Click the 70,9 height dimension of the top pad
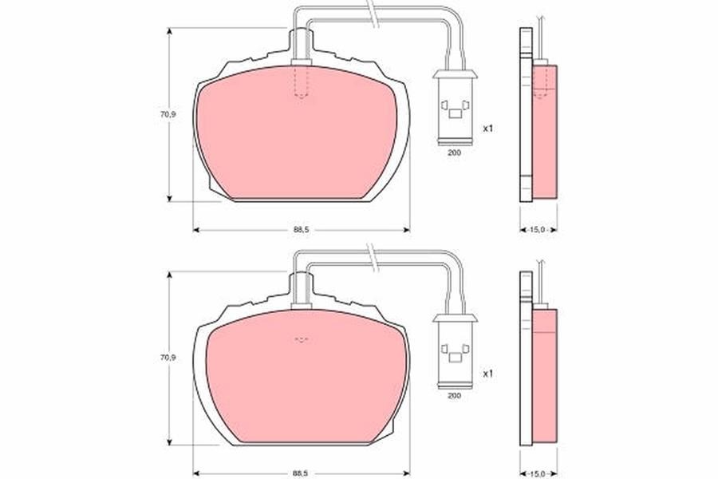(168, 115)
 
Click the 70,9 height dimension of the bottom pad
(168, 358)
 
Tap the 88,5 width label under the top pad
(302, 230)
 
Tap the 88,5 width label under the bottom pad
(302, 473)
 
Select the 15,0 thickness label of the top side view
(538, 230)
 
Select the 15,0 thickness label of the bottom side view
(538, 473)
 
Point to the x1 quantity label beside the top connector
(488, 129)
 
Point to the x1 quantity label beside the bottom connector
(488, 374)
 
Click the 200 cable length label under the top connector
(454, 152)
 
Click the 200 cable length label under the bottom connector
(454, 395)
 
